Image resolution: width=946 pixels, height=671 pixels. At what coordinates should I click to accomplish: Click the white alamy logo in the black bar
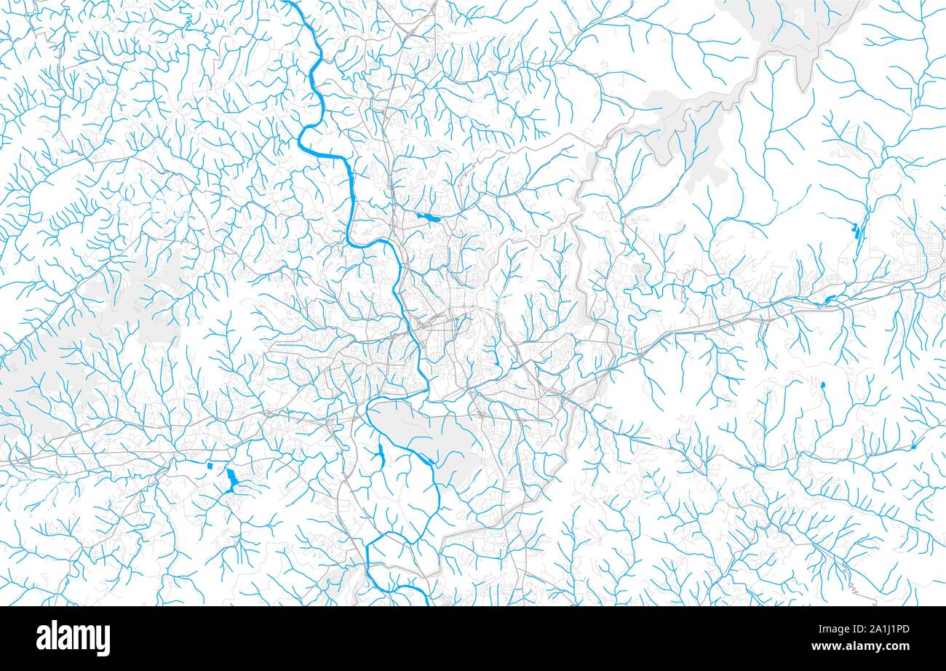click(x=73, y=638)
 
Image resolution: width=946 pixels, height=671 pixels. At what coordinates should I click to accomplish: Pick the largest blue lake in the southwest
click(x=231, y=480)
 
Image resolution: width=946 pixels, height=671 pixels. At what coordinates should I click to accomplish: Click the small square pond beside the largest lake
click(x=210, y=465)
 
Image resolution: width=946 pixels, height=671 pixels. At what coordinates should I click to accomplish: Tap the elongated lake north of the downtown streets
click(x=429, y=217)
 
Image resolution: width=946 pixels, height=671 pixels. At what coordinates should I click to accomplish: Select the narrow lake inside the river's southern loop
click(x=380, y=457)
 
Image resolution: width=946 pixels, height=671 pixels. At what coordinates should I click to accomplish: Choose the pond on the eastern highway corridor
click(x=827, y=299)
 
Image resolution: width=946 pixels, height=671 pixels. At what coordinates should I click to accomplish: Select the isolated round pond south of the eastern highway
click(x=823, y=384)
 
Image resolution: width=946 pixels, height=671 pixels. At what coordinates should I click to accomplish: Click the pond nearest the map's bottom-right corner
click(x=913, y=446)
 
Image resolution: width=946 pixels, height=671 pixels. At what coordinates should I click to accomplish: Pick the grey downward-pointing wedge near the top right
click(x=803, y=73)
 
